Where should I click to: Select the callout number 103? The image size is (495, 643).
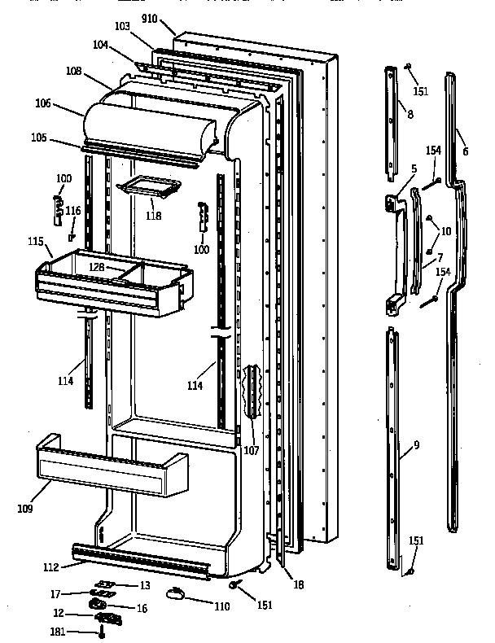tap(122, 27)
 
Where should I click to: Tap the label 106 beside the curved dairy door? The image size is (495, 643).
tap(66, 103)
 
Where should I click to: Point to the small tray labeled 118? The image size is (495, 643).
tap(147, 189)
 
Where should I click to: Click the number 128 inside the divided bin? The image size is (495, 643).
tap(120, 267)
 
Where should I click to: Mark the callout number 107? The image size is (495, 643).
tap(251, 450)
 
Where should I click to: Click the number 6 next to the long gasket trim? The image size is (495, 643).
tap(465, 152)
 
